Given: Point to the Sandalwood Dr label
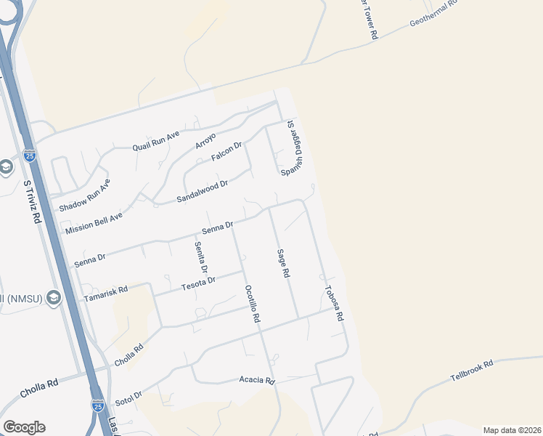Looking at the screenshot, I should tap(203, 191).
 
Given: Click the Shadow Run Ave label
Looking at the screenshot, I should tap(84, 195).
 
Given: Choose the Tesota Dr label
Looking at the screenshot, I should tap(198, 281).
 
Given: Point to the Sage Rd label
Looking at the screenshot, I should tap(283, 264).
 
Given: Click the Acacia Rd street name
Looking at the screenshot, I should tap(257, 380).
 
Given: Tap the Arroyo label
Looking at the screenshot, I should tap(205, 140).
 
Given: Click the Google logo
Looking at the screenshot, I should tap(24, 427).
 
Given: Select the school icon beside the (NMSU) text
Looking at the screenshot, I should tap(52, 298).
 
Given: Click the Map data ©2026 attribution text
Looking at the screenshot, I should tap(511, 430).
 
